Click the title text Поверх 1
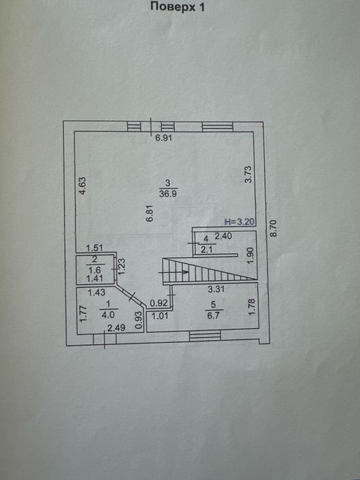(x=177, y=7)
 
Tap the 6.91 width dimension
(x=164, y=138)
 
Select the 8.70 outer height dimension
(x=273, y=228)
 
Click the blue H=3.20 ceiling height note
(x=240, y=222)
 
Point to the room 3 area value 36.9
(x=168, y=193)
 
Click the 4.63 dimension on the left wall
(x=82, y=186)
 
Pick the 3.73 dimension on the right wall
(x=248, y=174)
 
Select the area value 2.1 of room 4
(x=207, y=250)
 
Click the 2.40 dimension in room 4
(x=223, y=236)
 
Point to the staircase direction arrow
(x=173, y=272)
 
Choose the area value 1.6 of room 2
(x=95, y=270)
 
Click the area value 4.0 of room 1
(x=108, y=315)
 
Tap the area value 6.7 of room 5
(x=213, y=315)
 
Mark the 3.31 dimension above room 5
(x=217, y=289)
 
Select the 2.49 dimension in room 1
(x=117, y=328)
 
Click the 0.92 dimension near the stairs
(x=159, y=304)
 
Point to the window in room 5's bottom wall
(x=205, y=336)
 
